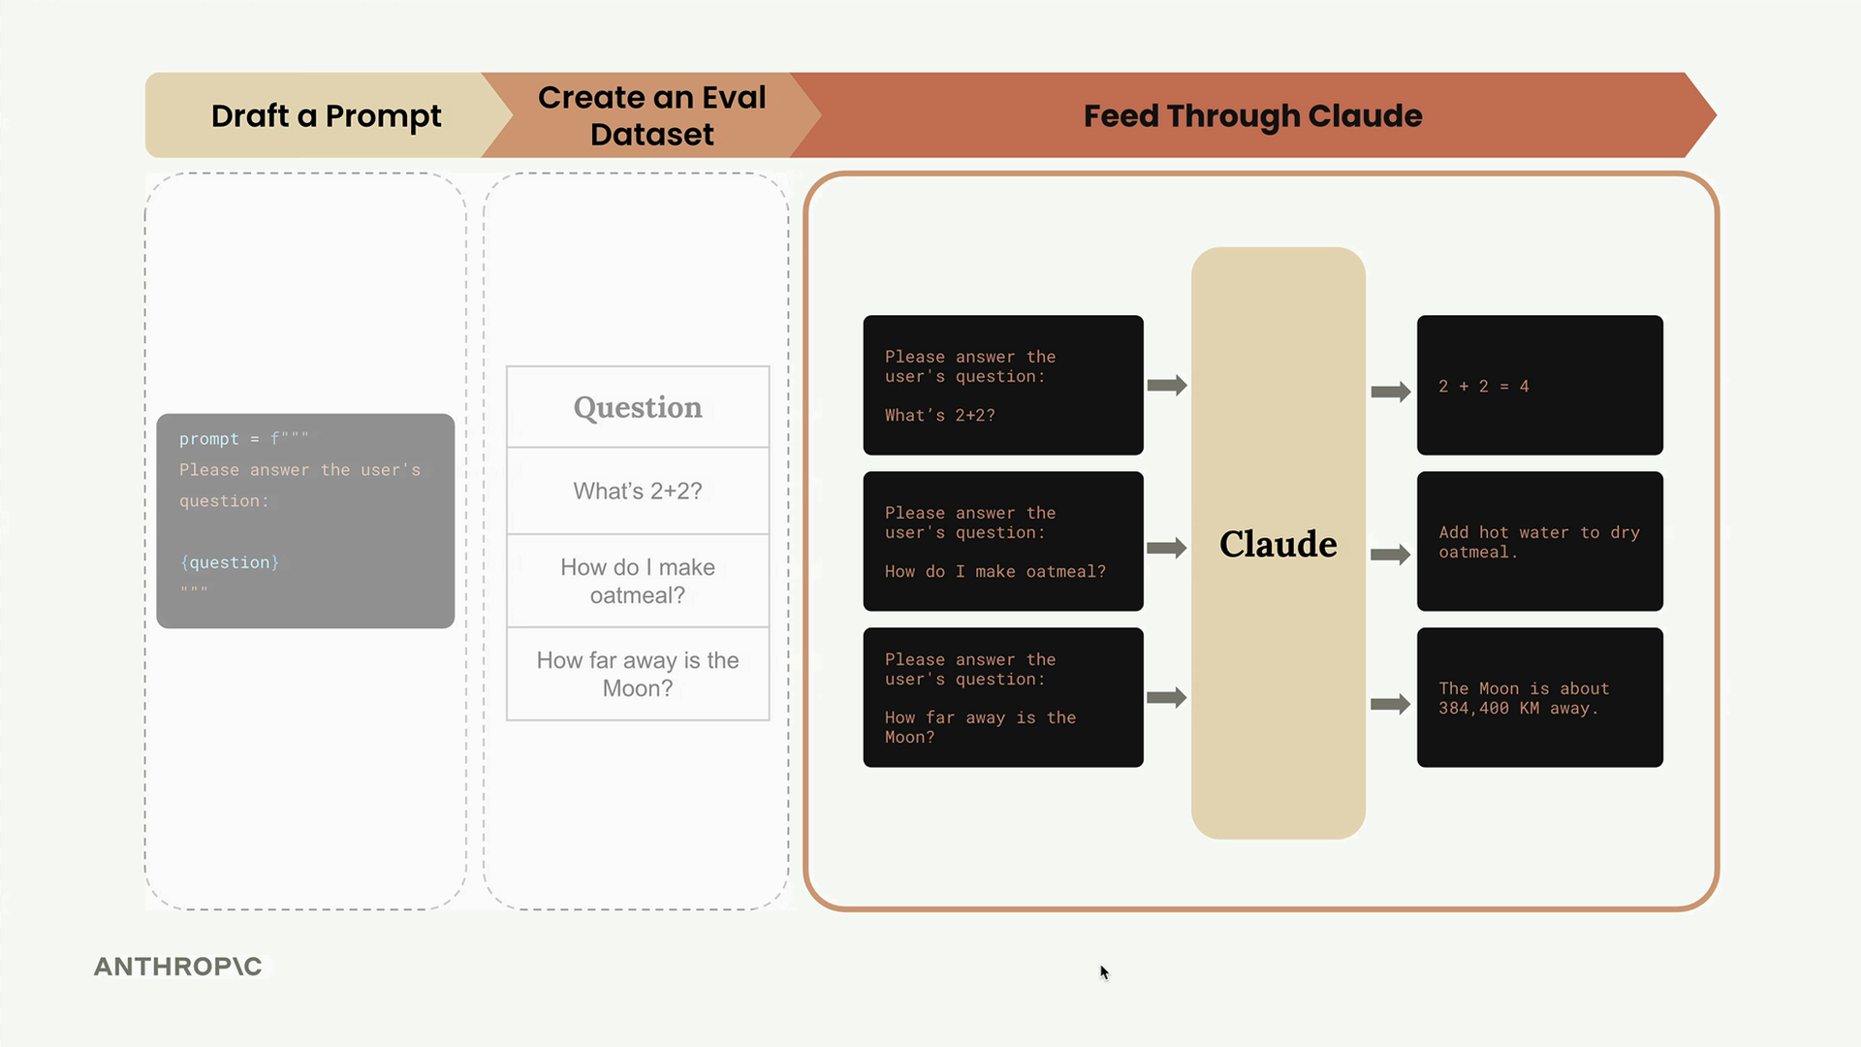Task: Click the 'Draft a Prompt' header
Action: [x=326, y=115]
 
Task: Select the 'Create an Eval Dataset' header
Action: [x=651, y=115]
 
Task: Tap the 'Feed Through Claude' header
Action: [x=1252, y=115]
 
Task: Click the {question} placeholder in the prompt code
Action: [x=230, y=562]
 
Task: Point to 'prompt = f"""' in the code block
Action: [x=243, y=438]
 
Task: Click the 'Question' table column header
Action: [x=638, y=407]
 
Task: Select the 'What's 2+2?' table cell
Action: [x=638, y=492]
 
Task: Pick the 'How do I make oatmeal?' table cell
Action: [x=638, y=581]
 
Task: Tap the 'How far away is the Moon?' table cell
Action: [x=638, y=674]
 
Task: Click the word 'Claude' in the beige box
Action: [x=1277, y=544]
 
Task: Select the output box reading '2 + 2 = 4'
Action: [x=1539, y=385]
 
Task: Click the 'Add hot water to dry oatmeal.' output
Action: [x=1539, y=541]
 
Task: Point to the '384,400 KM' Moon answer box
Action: [x=1539, y=697]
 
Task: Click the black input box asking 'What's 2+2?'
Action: [x=1003, y=385]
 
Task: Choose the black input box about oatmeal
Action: [x=1003, y=541]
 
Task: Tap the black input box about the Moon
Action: [x=1003, y=697]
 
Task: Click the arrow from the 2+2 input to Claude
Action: [x=1167, y=385]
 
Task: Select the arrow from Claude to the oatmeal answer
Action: [x=1390, y=555]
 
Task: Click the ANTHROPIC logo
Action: [x=178, y=967]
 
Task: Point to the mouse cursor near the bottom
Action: [x=1104, y=972]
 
